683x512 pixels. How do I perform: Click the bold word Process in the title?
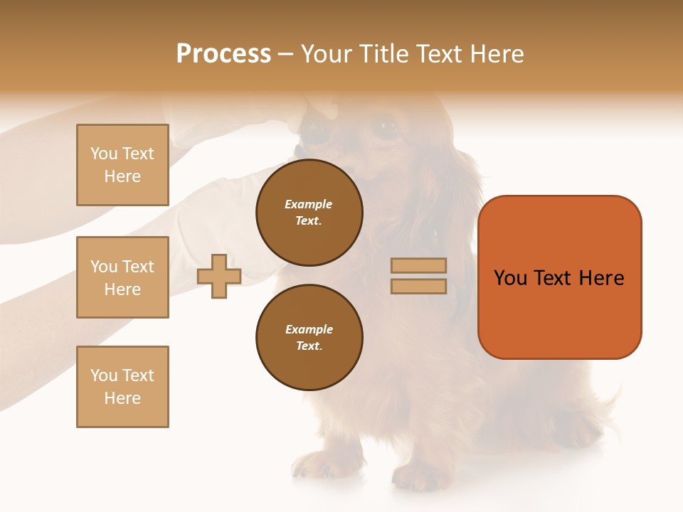pyautogui.click(x=223, y=54)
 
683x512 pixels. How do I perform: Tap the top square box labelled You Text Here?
pyautogui.click(x=122, y=165)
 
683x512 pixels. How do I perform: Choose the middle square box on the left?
pyautogui.click(x=122, y=277)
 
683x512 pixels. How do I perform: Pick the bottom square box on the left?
pyautogui.click(x=122, y=387)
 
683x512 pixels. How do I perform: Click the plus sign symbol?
pyautogui.click(x=219, y=276)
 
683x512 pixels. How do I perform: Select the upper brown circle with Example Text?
pyautogui.click(x=309, y=213)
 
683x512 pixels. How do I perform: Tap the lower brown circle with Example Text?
pyautogui.click(x=309, y=338)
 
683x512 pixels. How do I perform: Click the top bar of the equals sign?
pyautogui.click(x=418, y=265)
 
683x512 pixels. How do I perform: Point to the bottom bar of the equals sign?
pyautogui.click(x=418, y=287)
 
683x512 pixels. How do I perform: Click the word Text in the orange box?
pyautogui.click(x=554, y=278)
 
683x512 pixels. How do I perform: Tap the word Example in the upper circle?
pyautogui.click(x=309, y=204)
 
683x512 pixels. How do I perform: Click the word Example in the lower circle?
pyautogui.click(x=309, y=329)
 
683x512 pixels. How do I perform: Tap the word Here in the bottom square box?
pyautogui.click(x=122, y=398)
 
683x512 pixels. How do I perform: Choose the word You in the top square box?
pyautogui.click(x=104, y=154)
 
